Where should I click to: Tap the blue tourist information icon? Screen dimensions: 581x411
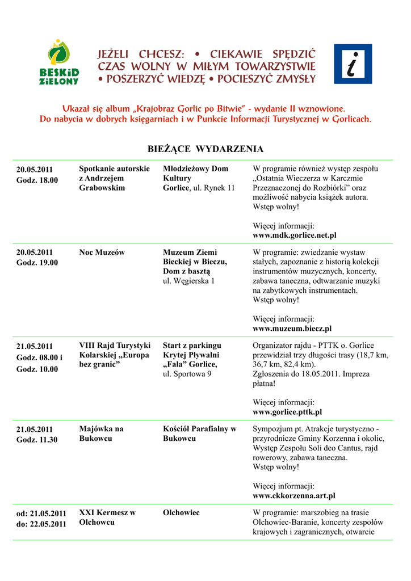click(353, 64)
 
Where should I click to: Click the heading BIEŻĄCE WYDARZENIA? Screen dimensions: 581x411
click(205, 149)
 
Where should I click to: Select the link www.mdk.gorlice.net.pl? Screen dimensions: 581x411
click(294, 235)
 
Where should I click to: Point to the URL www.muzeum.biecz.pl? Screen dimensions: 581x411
click(292, 329)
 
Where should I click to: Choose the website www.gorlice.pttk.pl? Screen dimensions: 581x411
click(287, 412)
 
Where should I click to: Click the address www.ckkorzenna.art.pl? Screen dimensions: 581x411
click(293, 495)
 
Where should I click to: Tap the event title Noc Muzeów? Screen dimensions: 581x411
click(102, 252)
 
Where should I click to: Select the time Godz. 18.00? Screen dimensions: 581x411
click(37, 180)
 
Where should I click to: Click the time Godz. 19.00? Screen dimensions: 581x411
click(37, 263)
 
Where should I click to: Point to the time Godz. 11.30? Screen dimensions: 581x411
click(37, 440)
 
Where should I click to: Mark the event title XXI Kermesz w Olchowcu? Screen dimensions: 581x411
click(107, 517)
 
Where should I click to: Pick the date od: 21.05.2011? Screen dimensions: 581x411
click(41, 513)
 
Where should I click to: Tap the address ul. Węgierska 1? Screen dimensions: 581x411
click(188, 281)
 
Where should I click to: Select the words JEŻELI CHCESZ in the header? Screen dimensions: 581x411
click(141, 54)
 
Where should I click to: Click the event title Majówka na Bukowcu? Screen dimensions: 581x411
click(101, 434)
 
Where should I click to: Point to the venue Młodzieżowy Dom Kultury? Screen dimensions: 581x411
click(195, 174)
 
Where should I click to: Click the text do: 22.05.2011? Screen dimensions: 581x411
click(41, 524)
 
